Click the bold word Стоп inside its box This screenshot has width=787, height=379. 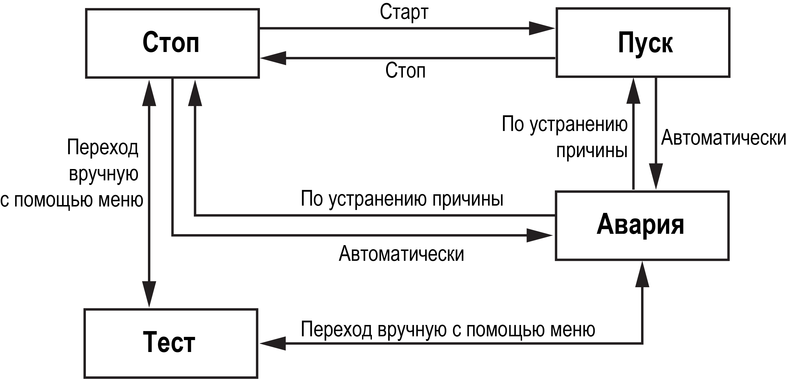pos(171,43)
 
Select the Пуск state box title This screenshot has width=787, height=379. pos(645,44)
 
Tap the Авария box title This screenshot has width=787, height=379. pos(640,225)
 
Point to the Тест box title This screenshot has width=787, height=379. pos(169,342)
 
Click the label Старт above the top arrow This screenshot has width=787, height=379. pos(404,12)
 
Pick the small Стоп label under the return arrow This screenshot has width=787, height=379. pos(405,71)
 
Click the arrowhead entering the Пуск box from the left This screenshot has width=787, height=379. pos(541,28)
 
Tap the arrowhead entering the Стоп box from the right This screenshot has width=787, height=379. pos(273,58)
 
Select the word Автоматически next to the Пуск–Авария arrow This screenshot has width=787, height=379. pos(723,138)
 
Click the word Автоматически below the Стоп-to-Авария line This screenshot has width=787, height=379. pos(401,254)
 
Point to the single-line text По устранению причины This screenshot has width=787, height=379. pos(402,199)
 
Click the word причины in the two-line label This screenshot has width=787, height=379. pos(591,151)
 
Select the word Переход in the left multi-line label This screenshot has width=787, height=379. pos(102,148)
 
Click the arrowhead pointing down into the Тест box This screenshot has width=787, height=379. pos(149,294)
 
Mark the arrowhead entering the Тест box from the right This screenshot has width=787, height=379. pos(272,344)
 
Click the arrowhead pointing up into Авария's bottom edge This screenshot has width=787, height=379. pos(642,275)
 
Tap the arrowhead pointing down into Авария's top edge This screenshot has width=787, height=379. pos(656,176)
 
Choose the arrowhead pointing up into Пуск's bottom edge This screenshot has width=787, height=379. pos(633,91)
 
